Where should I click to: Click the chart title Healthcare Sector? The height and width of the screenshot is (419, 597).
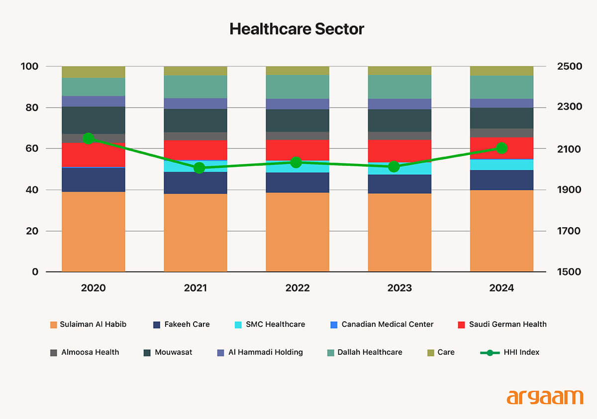297,29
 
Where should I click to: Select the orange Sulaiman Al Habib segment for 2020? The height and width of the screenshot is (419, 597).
94,232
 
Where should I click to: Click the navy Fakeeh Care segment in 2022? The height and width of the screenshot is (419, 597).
298,182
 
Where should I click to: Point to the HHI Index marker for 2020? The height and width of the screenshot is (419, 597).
89,139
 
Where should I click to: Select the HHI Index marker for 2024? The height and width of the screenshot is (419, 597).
501,148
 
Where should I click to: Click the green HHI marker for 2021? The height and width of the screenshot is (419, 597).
199,168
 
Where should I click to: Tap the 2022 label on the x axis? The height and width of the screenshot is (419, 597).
298,288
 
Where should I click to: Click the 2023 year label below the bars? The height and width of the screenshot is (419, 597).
399,288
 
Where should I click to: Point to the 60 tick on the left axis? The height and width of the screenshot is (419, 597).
31,149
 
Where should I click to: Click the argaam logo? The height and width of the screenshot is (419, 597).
544,397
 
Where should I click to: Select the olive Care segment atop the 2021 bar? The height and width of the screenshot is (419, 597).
196,71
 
